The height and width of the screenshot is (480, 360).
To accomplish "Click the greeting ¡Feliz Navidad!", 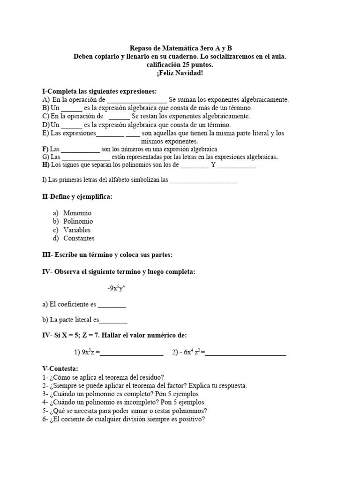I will (180, 74).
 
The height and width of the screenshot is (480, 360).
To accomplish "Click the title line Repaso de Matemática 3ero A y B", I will (180, 48).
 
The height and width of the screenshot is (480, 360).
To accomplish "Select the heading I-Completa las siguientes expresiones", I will (99, 91).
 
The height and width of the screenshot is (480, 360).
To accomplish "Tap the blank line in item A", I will (136, 100).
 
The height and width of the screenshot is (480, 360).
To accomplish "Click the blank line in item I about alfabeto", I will (203, 180).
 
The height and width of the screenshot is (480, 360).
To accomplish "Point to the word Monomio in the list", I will (77, 213).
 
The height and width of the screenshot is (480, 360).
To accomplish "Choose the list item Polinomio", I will (78, 221).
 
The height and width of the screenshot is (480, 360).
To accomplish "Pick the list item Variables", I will (77, 230).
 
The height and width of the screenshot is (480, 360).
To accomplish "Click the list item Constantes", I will (79, 238).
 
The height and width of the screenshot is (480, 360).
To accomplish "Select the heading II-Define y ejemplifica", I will (77, 197).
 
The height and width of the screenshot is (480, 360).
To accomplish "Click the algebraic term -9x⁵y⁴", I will (116, 288).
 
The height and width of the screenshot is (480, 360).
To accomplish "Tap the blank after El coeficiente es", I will (112, 305).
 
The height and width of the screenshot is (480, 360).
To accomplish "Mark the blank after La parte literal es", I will (113, 321).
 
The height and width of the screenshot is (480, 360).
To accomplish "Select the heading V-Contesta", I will (60, 369).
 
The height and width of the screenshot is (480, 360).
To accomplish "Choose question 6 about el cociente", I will (124, 419).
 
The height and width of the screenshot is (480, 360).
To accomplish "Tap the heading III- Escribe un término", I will (107, 255).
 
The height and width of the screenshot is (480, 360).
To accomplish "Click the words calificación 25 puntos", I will (180, 65).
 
